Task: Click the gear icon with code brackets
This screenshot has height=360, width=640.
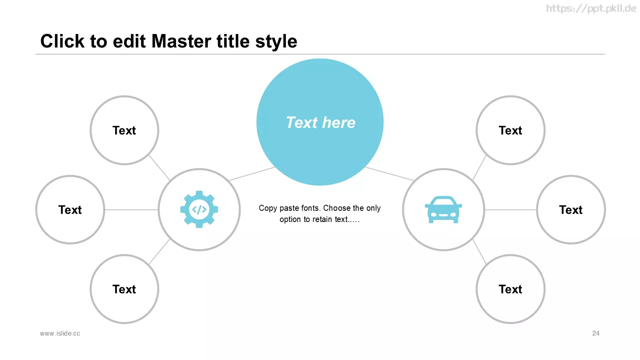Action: click(199, 210)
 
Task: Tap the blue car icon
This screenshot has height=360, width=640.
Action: click(443, 210)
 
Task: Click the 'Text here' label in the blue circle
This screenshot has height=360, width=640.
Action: click(320, 122)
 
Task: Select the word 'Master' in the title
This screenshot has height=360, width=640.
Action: click(182, 41)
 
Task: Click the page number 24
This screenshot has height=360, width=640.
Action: click(596, 334)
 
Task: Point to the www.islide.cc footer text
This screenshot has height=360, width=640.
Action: click(60, 334)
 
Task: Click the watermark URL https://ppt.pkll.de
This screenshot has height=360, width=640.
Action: click(591, 8)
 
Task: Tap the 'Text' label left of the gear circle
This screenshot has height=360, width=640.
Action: click(70, 210)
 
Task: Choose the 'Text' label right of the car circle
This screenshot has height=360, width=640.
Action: click(570, 210)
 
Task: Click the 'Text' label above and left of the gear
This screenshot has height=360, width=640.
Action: click(124, 130)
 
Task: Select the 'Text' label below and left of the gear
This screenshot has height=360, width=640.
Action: click(124, 289)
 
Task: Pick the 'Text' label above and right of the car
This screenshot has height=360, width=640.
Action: click(510, 130)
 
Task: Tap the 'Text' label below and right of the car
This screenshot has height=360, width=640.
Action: click(510, 289)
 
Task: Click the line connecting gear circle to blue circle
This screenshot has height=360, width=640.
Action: click(252, 174)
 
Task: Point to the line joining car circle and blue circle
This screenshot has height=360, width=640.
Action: click(390, 174)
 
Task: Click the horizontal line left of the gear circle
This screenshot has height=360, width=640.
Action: click(131, 210)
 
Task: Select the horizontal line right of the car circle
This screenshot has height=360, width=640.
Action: click(510, 210)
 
